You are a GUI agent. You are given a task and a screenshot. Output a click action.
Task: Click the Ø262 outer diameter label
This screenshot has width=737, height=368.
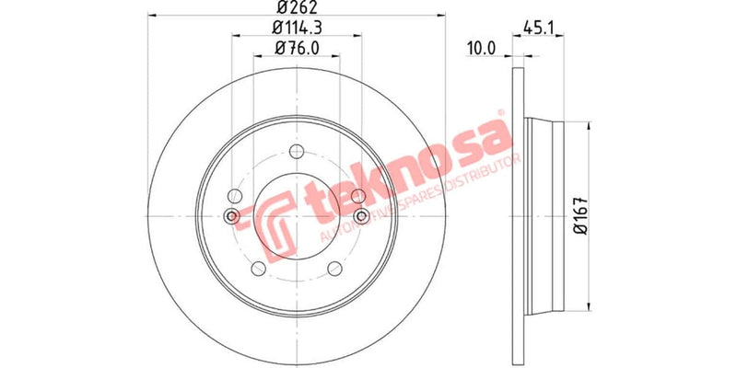click(296, 10)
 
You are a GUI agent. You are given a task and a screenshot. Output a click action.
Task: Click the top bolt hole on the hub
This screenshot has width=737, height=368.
click(296, 153)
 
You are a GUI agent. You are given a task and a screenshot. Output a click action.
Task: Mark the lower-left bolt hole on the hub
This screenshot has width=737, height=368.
click(257, 269)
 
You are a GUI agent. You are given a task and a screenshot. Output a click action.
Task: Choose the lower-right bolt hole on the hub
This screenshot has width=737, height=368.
click(334, 269)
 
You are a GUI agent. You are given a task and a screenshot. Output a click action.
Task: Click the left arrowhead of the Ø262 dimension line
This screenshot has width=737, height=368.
click(153, 17)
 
